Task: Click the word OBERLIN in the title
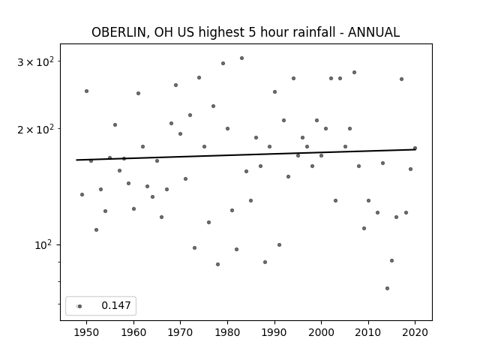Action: tap(119, 32)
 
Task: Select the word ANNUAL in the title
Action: tap(373, 32)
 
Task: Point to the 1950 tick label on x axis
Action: tap(87, 332)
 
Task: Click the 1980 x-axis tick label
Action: tap(227, 332)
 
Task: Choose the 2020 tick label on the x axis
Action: tap(415, 332)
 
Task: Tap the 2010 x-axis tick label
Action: tap(368, 332)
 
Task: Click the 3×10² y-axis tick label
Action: tap(35, 61)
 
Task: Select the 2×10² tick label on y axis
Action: tap(35, 129)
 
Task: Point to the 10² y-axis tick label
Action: tap(44, 245)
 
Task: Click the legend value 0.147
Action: tap(116, 305)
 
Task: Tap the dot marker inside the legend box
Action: tap(79, 306)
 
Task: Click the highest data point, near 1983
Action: tap(241, 58)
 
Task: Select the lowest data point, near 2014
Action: tap(387, 288)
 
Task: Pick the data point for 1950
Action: tap(87, 91)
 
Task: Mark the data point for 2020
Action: tap(415, 148)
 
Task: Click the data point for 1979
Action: tap(223, 63)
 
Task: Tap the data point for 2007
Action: tap(355, 73)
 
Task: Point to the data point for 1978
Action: tap(217, 265)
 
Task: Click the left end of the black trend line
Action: tap(76, 160)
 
